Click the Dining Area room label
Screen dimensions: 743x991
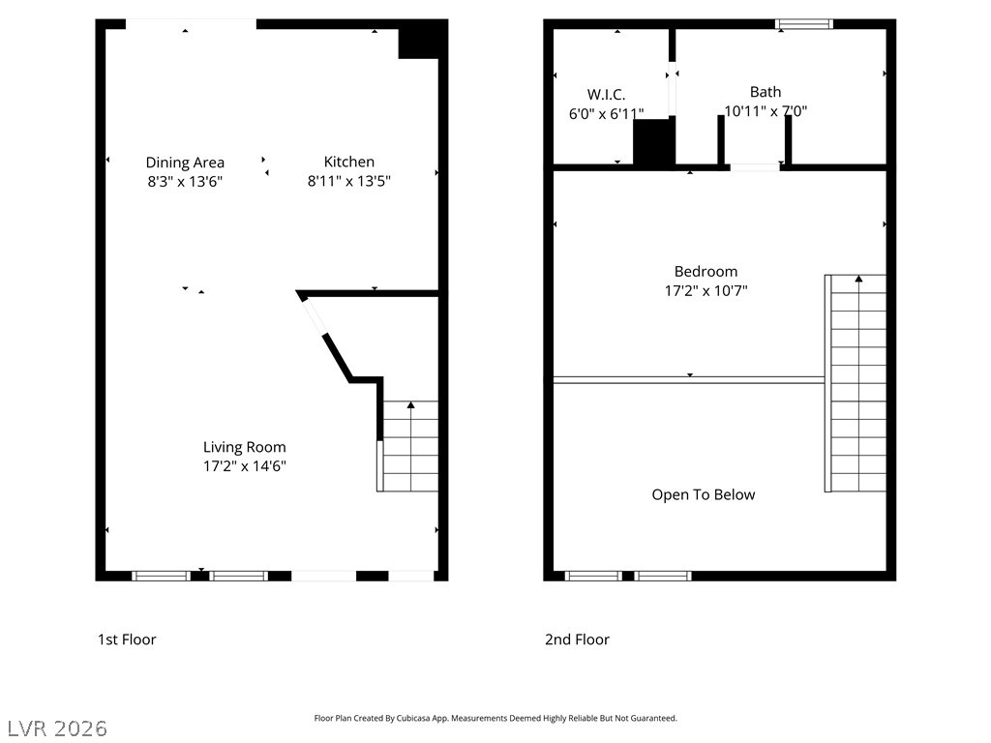click(x=185, y=163)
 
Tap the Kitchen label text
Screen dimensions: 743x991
click(x=348, y=163)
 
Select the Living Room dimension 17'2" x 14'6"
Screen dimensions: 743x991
click(x=244, y=466)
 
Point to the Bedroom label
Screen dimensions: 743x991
click(x=706, y=272)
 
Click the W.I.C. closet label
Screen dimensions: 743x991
click(x=606, y=95)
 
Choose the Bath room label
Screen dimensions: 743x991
click(x=766, y=93)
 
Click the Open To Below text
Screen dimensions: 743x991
click(x=703, y=495)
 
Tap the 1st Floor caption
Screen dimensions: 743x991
click(x=127, y=639)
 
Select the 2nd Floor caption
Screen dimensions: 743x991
click(x=577, y=639)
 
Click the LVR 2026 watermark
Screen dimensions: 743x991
click(x=57, y=728)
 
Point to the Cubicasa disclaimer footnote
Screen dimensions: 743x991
click(x=495, y=719)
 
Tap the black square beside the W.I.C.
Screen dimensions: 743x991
click(x=653, y=142)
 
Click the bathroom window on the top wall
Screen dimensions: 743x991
click(x=804, y=24)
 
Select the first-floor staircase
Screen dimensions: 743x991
click(x=410, y=447)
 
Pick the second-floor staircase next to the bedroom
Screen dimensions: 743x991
click(x=856, y=383)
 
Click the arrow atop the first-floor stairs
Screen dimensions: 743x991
click(x=410, y=405)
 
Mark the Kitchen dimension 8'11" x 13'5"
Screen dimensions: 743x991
click(x=348, y=181)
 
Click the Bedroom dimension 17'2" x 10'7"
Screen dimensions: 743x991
click(x=706, y=290)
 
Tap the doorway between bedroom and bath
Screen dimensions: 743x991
click(x=755, y=167)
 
